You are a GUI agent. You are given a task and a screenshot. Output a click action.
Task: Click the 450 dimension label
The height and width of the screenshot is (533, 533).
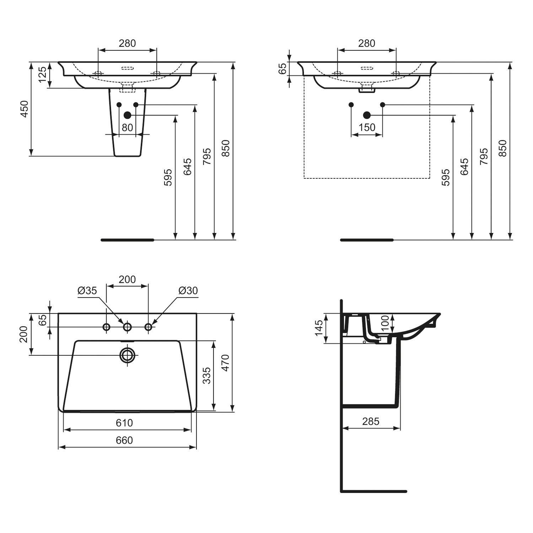pyautogui.click(x=24, y=109)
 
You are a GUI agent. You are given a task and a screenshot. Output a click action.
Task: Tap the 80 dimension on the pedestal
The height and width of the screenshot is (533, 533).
pyautogui.click(x=127, y=127)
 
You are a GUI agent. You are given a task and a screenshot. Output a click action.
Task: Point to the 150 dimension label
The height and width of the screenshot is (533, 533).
pyautogui.click(x=367, y=127)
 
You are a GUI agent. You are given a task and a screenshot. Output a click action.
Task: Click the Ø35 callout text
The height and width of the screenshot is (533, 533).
pyautogui.click(x=87, y=291)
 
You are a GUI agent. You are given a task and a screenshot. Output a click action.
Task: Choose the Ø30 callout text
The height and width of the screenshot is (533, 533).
pyautogui.click(x=188, y=291)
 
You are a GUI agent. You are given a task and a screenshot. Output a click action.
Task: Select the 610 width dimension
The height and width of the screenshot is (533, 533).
pyautogui.click(x=124, y=423)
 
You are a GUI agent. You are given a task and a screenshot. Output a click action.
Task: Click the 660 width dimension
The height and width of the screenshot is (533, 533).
pyautogui.click(x=124, y=440)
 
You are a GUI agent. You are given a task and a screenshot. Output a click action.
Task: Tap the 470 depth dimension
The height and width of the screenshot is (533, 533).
pyautogui.click(x=226, y=363)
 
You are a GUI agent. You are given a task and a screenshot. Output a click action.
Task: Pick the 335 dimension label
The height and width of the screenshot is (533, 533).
pyautogui.click(x=206, y=376)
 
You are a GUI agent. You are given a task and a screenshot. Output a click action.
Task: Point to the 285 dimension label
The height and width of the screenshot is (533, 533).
pyautogui.click(x=371, y=421)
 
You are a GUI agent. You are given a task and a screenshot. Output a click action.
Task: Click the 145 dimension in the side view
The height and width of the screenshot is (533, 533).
pyautogui.click(x=319, y=328)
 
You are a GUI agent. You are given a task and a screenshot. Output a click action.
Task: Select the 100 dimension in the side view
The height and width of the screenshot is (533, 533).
pyautogui.click(x=385, y=323)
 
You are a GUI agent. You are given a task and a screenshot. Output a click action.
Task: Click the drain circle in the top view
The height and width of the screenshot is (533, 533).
pyautogui.click(x=127, y=355)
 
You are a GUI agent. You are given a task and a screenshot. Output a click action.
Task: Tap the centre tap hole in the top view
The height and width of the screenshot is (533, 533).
pyautogui.click(x=127, y=327)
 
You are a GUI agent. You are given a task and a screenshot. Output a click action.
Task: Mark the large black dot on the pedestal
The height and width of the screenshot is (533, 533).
pyautogui.click(x=127, y=115)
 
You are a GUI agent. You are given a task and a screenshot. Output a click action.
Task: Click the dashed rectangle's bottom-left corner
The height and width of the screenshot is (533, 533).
pyautogui.click(x=304, y=178)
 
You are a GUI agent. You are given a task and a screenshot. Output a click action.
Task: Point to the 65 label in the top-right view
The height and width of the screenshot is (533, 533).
pyautogui.click(x=282, y=69)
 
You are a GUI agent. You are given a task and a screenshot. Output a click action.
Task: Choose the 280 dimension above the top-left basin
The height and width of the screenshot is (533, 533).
pyautogui.click(x=127, y=43)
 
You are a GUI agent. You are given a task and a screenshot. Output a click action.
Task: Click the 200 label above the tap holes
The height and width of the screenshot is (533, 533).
pyautogui.click(x=127, y=280)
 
